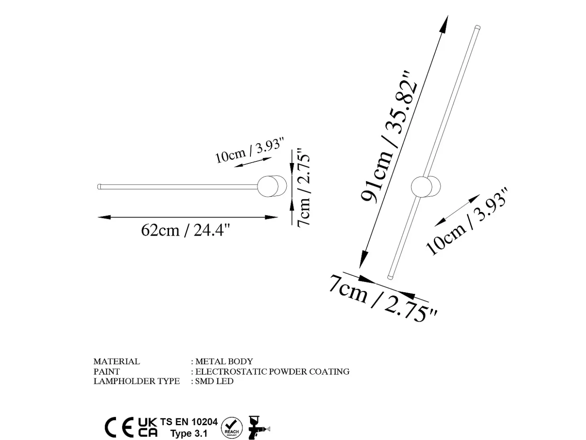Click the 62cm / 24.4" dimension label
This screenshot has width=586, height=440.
pos(185,230)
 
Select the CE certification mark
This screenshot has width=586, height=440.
pos(119,427)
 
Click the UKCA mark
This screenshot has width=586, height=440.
pos(148,428)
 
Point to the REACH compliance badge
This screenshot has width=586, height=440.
pos(232,428)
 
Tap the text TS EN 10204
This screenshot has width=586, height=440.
pos(189,422)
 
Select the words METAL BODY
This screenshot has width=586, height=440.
pos(224,361)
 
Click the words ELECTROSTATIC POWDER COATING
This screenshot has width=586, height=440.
pos(272,371)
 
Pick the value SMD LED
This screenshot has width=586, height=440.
pos(214,381)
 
